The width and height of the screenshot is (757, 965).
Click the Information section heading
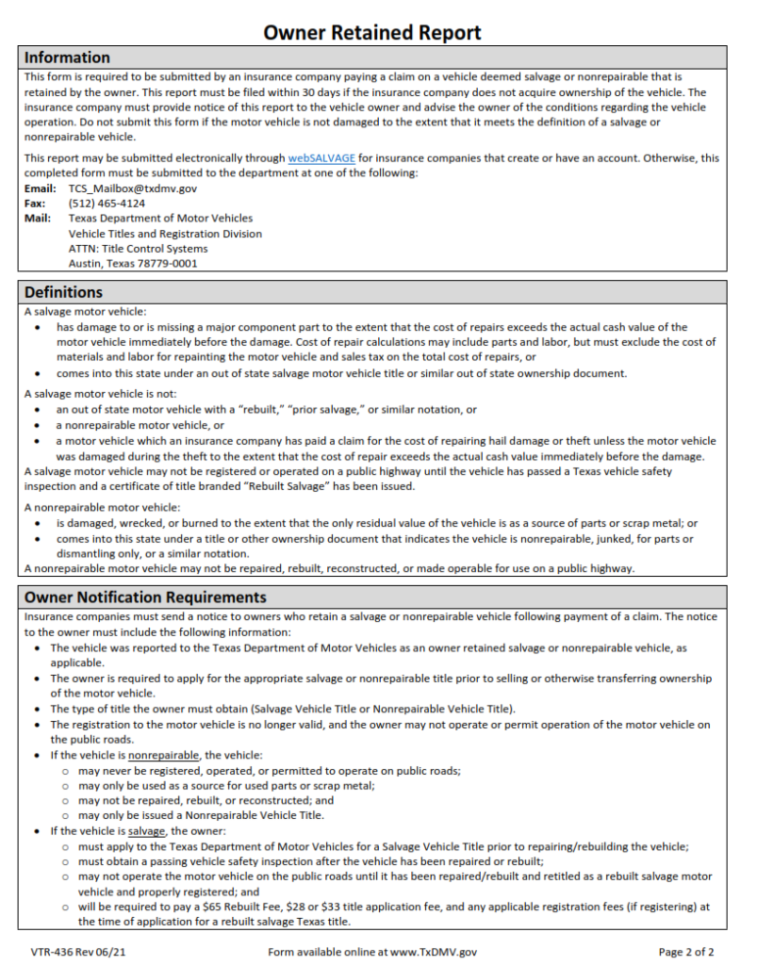pos(67,57)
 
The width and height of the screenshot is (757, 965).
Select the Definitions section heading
pos(63,292)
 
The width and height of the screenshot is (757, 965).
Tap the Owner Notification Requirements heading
pos(145,597)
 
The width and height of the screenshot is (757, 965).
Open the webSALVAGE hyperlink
pos(321,158)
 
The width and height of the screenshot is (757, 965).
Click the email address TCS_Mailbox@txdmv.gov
pos(133,188)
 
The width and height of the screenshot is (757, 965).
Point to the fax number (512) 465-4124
pos(107,204)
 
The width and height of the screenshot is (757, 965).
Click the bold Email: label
pos(39,188)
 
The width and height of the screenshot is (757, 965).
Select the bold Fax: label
pos(34,204)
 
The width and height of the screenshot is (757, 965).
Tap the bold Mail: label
pos(37,219)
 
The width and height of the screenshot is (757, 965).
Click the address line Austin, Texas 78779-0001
pos(133,264)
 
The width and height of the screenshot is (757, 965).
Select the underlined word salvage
pos(146,831)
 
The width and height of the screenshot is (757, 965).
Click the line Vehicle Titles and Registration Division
pos(165,234)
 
